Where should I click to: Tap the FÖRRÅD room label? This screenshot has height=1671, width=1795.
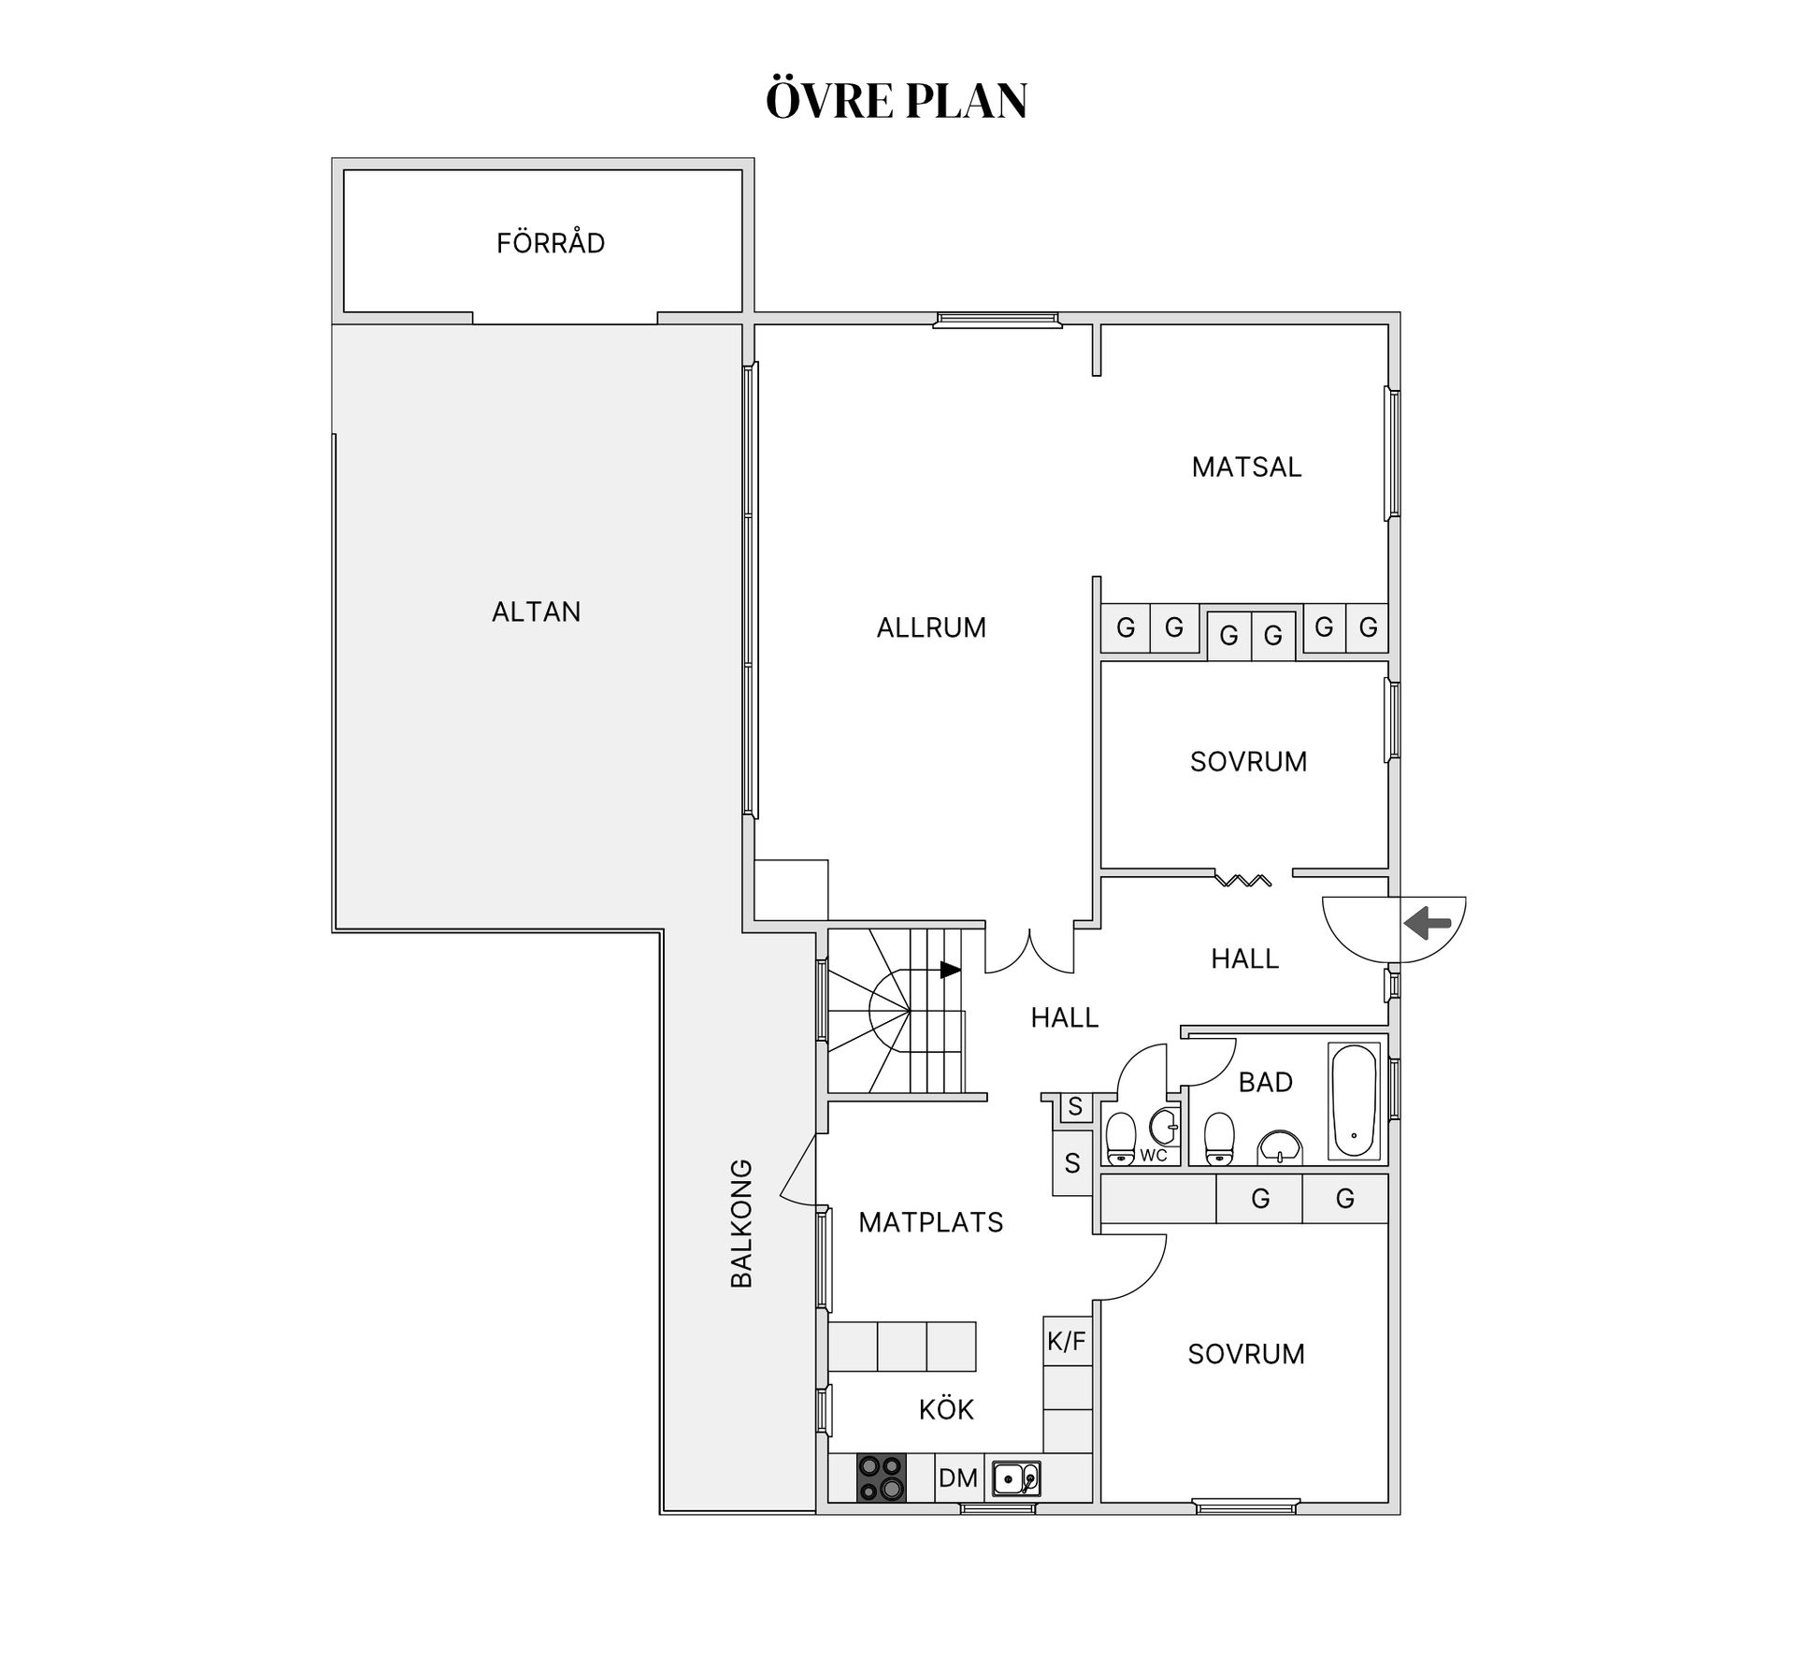click(x=551, y=242)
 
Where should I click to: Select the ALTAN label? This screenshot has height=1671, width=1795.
click(x=537, y=612)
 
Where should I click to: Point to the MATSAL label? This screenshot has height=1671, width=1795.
click(x=1246, y=467)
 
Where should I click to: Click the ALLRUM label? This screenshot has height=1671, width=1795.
click(x=931, y=627)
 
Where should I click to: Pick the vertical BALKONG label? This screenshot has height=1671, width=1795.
click(x=741, y=1223)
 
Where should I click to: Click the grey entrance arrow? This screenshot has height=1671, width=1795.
click(x=1428, y=924)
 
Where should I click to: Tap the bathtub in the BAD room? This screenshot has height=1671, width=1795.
click(x=1354, y=1101)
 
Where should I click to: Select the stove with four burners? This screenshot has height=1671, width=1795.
click(x=882, y=1478)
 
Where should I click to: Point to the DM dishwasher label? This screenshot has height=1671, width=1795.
click(x=958, y=1478)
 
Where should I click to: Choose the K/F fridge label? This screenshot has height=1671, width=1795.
click(x=1067, y=1342)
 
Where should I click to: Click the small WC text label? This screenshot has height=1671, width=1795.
click(x=1154, y=1155)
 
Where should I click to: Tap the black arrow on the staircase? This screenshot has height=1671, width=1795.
click(x=951, y=970)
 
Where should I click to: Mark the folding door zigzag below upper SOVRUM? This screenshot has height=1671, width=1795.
click(x=1243, y=879)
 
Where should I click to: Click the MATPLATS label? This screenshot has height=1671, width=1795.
click(x=931, y=1222)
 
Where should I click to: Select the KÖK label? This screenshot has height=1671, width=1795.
click(x=946, y=1409)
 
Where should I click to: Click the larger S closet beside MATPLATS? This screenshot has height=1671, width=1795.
click(x=1072, y=1163)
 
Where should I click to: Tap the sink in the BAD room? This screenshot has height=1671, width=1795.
click(x=1280, y=1146)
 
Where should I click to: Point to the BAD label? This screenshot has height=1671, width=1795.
click(x=1265, y=1082)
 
